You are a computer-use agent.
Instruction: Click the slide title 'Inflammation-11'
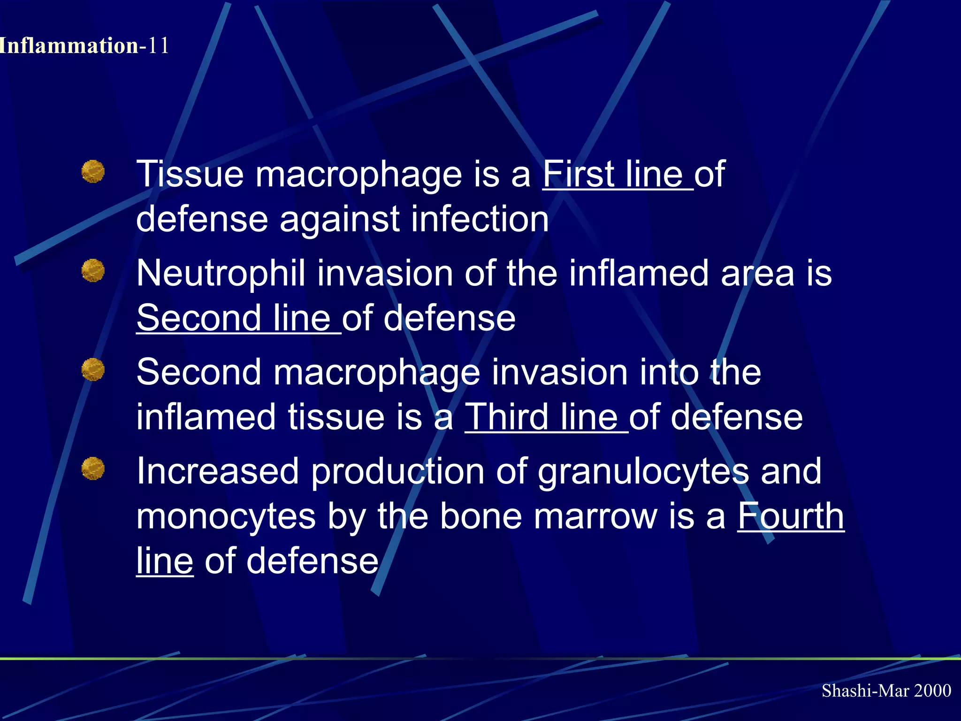tap(84, 46)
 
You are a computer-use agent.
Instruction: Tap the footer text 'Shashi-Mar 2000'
tap(886, 690)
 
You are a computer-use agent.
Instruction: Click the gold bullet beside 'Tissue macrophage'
tap(93, 171)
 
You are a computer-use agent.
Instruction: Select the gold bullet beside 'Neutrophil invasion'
tap(93, 270)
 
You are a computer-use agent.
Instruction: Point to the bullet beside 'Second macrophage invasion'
tap(93, 369)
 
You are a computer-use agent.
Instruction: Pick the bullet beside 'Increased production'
tap(93, 468)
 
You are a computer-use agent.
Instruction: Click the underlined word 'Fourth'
tap(791, 516)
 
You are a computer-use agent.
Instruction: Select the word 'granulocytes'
tap(643, 471)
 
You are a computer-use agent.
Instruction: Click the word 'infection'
tap(480, 219)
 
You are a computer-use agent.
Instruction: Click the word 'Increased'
tap(218, 471)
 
